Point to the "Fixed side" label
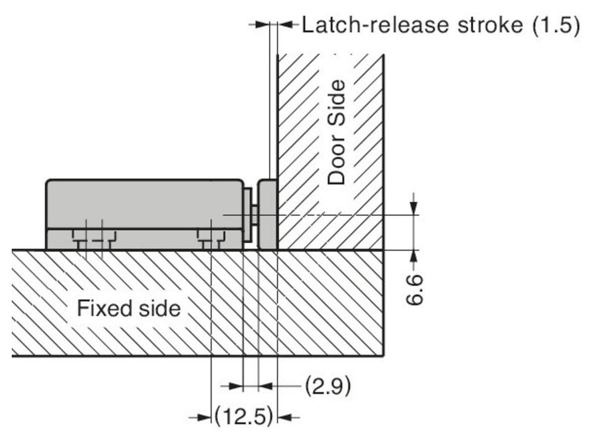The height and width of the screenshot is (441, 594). tap(129, 309)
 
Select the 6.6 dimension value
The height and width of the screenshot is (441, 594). tap(414, 289)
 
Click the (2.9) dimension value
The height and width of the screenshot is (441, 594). tap(328, 385)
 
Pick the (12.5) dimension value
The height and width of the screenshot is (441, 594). tap(243, 416)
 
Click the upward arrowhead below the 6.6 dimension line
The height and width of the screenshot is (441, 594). tap(414, 255)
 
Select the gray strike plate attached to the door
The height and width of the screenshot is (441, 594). tap(268, 214)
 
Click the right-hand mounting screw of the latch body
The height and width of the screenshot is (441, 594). tap(210, 238)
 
